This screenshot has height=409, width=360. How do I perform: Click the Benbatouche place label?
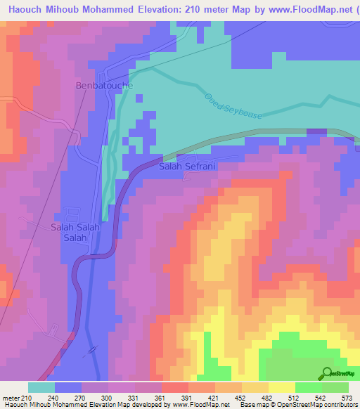click(104, 85)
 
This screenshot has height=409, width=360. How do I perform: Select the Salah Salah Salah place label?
click(76, 233)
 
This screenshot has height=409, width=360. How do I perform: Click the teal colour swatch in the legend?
click(41, 387)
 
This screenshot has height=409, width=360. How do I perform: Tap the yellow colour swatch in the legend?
click(282, 387)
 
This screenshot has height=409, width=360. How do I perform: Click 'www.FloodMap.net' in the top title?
click(300, 8)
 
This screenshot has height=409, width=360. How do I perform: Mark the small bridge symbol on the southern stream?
click(91, 349)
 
